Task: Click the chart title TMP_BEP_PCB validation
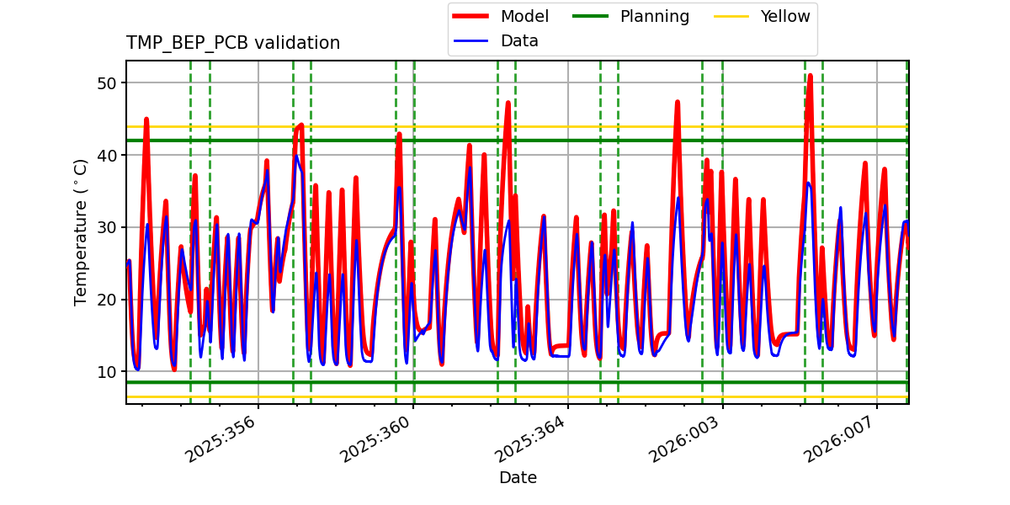pos(233,43)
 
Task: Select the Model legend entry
pos(524,16)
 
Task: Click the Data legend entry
pos(519,40)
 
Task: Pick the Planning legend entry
pos(654,16)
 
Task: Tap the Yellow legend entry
pos(784,16)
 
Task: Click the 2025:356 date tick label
pos(221,439)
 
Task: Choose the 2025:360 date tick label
pos(376,439)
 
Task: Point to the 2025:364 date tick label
pos(531,439)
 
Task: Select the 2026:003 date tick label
pos(686,439)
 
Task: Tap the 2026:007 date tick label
pos(841,439)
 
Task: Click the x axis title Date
pos(518,478)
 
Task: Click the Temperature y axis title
pos(81,231)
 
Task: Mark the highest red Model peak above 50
pos(810,76)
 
